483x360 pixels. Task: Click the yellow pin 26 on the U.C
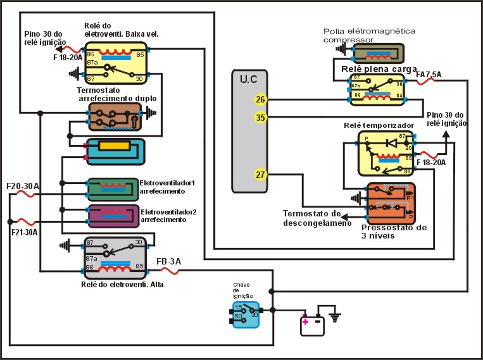(260, 99)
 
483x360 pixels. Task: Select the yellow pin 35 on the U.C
(260, 117)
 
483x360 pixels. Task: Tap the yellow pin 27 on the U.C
(260, 175)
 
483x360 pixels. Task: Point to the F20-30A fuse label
(23, 187)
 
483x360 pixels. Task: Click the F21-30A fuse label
(24, 232)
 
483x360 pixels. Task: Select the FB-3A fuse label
(168, 261)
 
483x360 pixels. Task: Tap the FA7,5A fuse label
(429, 75)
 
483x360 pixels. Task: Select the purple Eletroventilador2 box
(113, 216)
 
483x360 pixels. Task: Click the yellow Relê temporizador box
(385, 153)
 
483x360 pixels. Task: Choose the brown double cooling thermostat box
(115, 116)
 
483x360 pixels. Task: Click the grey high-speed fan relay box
(115, 258)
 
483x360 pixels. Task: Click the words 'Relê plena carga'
(379, 68)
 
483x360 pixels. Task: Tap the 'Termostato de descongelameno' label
(317, 218)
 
